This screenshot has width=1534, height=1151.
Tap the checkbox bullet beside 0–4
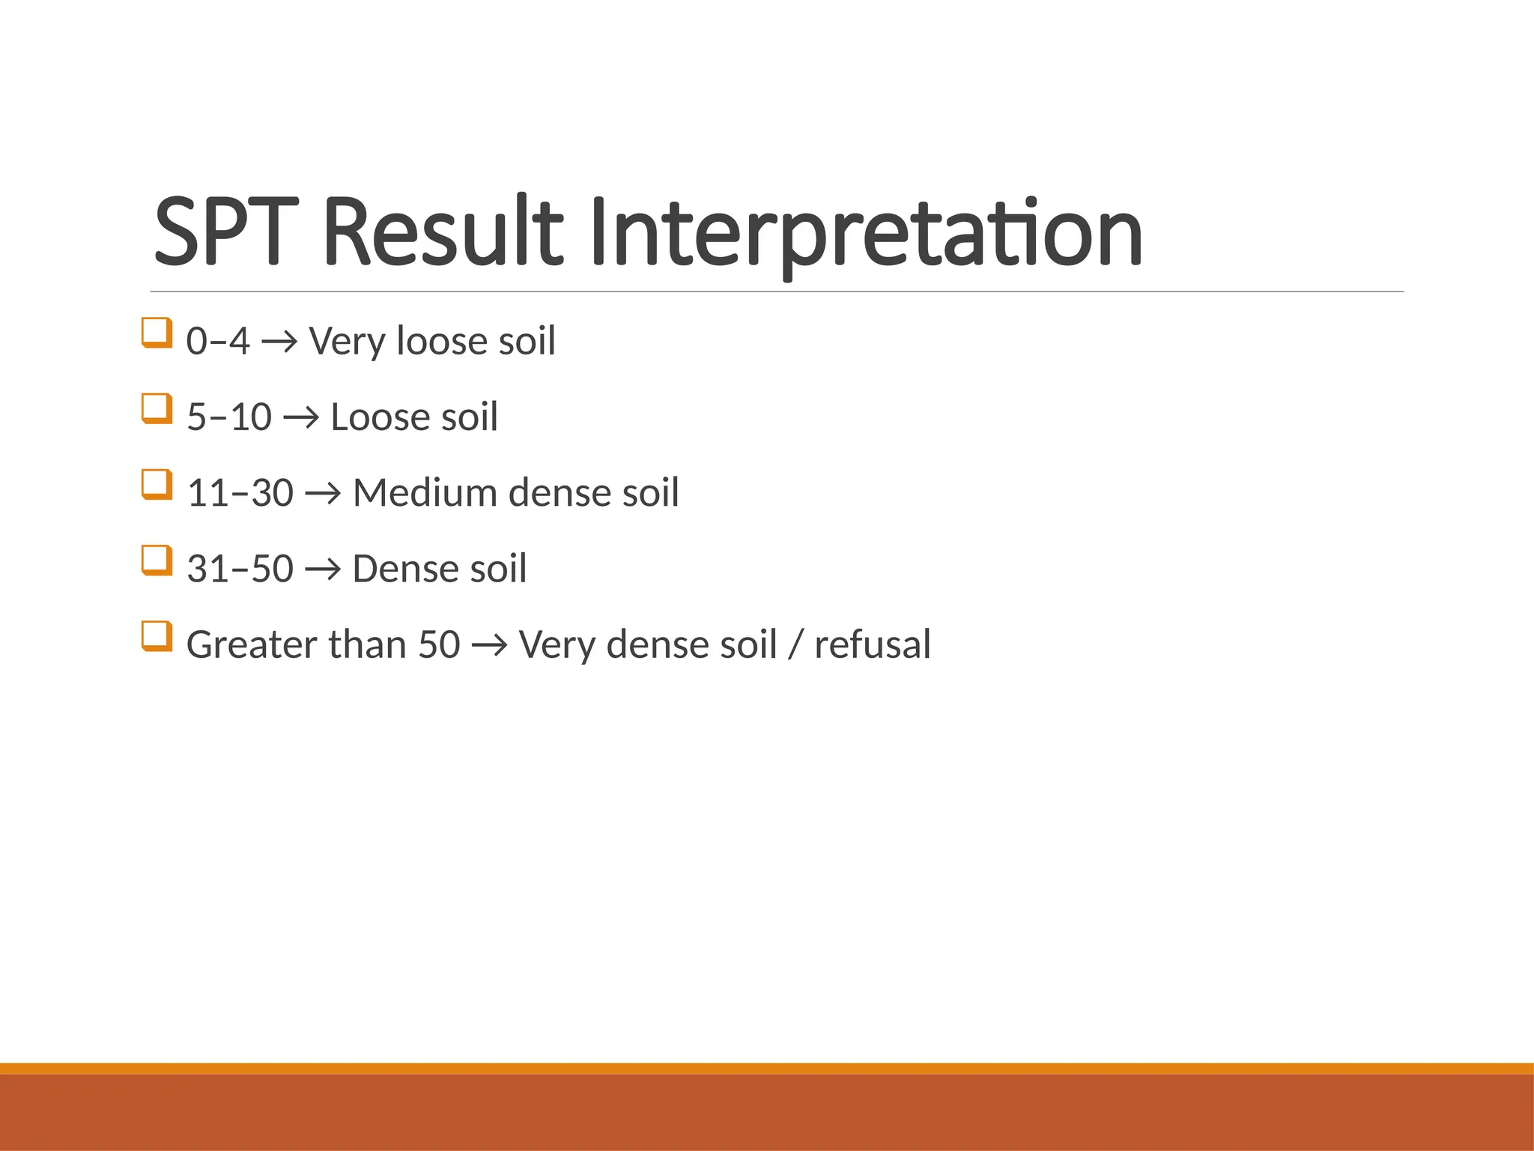tap(157, 333)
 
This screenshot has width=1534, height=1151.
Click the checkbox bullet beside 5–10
tap(157, 408)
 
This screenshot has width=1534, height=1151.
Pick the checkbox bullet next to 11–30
tap(157, 485)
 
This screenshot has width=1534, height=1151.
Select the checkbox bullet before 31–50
tap(157, 561)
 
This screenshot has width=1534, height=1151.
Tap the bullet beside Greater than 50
tap(157, 636)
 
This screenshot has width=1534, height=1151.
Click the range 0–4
tap(217, 341)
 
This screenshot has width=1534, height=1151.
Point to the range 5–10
tap(228, 417)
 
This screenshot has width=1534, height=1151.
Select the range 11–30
tap(240, 493)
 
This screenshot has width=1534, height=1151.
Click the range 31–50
tap(240, 569)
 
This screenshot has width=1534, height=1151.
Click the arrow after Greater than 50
tap(489, 646)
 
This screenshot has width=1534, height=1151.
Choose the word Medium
tap(425, 493)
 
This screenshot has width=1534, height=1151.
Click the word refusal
tap(872, 644)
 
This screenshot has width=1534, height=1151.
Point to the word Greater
tap(250, 644)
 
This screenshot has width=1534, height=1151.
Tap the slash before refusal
tap(795, 646)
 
